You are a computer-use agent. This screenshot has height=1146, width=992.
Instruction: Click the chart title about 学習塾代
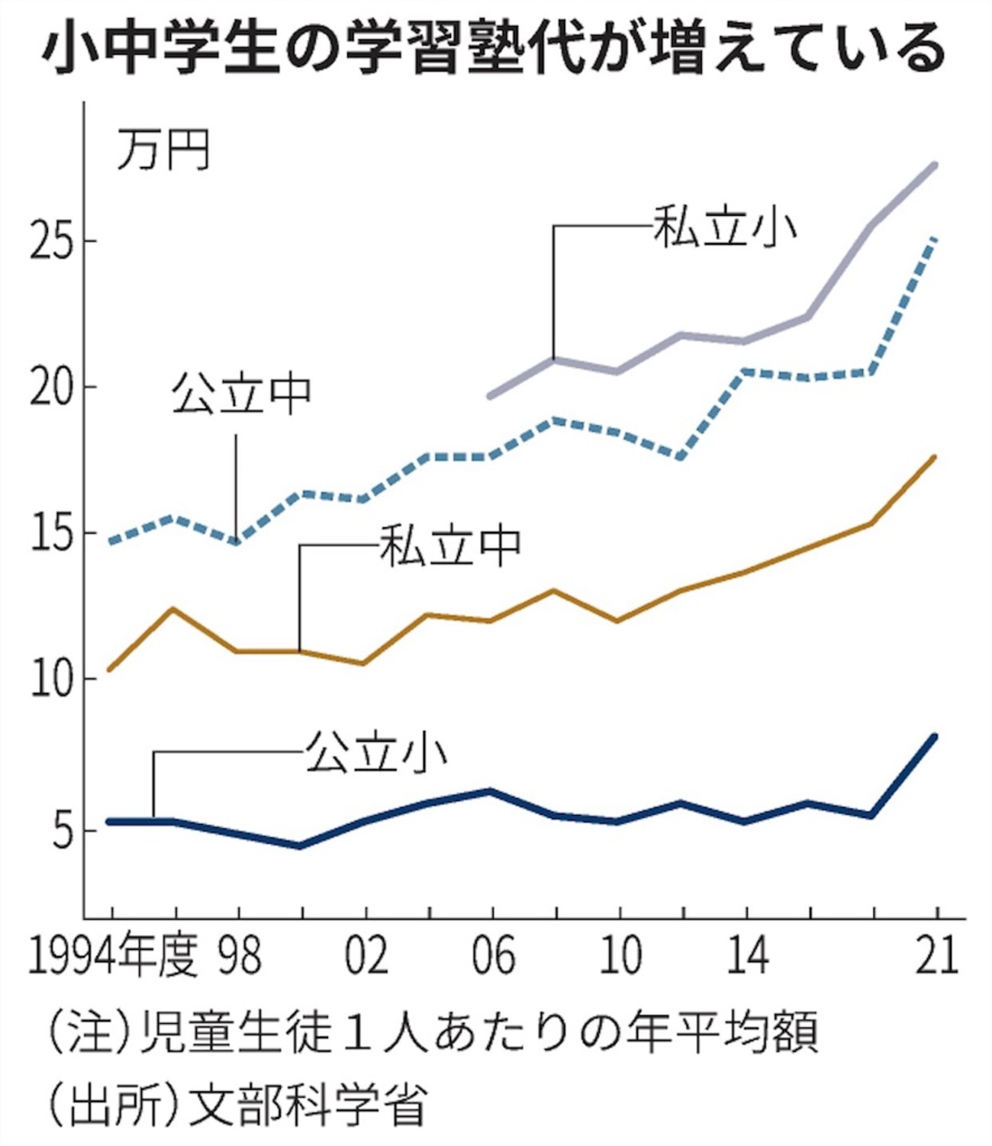click(x=494, y=47)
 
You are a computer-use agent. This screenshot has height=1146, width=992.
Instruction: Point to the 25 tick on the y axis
click(x=52, y=242)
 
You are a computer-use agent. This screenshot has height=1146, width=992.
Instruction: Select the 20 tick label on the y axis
click(x=52, y=388)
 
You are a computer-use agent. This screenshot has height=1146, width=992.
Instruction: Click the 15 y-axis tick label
click(x=52, y=533)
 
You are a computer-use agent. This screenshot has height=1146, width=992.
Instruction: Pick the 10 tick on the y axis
click(x=52, y=679)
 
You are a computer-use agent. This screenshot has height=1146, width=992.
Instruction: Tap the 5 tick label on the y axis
click(x=63, y=829)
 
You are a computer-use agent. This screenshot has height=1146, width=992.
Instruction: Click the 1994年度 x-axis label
click(x=113, y=954)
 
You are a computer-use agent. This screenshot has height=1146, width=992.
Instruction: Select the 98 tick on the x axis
click(x=240, y=954)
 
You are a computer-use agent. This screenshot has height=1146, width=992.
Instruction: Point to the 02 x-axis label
click(x=366, y=954)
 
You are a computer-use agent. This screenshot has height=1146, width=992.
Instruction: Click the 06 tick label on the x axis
click(x=493, y=954)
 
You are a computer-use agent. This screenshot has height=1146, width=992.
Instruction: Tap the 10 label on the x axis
click(x=620, y=954)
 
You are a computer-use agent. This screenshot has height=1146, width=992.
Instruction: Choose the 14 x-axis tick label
click(x=746, y=954)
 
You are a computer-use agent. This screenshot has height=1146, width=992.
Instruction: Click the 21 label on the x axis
click(x=936, y=954)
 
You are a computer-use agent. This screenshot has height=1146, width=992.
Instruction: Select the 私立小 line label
click(x=723, y=226)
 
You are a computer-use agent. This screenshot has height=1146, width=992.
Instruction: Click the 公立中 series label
click(x=241, y=394)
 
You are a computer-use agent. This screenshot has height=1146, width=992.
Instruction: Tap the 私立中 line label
click(x=450, y=546)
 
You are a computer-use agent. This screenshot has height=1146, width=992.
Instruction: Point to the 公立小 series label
click(x=375, y=752)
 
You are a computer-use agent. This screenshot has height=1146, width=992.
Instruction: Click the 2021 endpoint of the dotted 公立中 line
click(x=936, y=240)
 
